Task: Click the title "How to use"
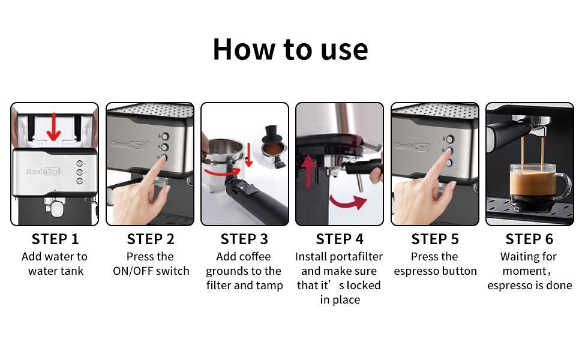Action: click(290, 50)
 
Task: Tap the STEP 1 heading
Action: click(55, 239)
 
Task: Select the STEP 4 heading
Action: click(340, 239)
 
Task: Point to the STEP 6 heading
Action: click(529, 239)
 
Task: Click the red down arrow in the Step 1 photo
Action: click(54, 127)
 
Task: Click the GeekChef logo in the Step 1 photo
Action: click(43, 172)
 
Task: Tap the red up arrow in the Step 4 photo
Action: click(308, 172)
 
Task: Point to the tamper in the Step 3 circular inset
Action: click(271, 136)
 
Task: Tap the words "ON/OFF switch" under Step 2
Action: click(151, 271)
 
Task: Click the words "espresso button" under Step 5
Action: click(436, 271)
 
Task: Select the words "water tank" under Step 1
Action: click(56, 271)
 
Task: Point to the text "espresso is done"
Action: click(530, 286)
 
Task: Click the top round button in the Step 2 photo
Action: click(165, 136)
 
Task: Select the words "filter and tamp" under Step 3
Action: click(245, 286)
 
